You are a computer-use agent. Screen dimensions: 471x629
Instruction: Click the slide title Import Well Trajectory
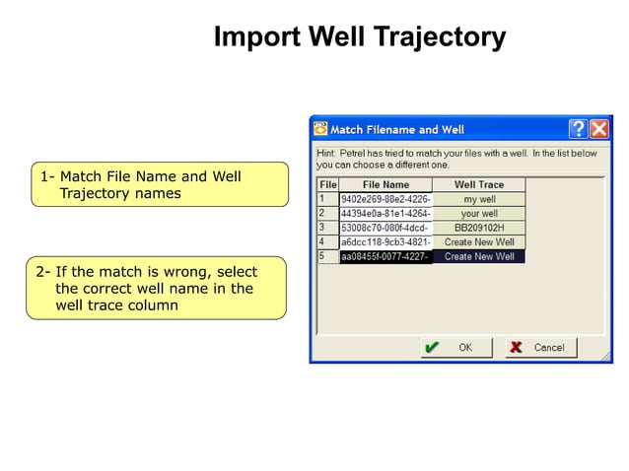point(360,38)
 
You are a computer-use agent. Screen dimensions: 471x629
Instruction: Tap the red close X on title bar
point(598,129)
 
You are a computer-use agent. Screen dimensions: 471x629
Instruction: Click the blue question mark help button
point(578,129)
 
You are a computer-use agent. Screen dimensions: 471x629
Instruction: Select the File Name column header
point(385,184)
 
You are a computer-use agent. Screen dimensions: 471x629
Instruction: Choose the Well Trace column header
point(479,184)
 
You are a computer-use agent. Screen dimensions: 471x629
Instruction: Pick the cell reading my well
point(479,199)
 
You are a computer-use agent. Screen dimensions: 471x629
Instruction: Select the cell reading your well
point(479,213)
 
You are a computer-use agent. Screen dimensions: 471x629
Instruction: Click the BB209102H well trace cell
point(479,228)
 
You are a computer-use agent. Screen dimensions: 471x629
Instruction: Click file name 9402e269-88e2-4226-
point(385,199)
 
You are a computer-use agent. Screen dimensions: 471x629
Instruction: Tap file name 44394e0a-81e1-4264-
point(385,213)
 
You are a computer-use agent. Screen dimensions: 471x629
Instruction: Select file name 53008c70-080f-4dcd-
point(385,228)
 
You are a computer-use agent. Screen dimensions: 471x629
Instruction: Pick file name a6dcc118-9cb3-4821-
point(385,241)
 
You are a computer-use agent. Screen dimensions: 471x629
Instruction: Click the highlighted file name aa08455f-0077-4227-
point(385,256)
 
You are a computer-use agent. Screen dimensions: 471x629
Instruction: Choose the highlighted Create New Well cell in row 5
point(479,256)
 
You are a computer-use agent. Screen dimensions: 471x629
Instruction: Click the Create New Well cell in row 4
point(479,241)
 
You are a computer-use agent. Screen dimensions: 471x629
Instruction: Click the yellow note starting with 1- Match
point(160,184)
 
